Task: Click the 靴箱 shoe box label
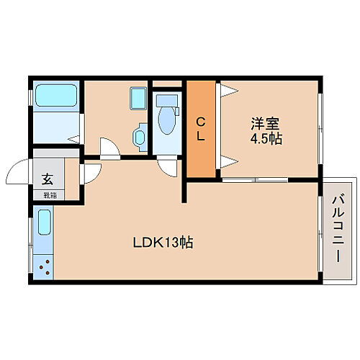tap(48, 194)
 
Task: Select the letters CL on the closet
tap(202, 127)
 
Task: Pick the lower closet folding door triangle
tap(228, 161)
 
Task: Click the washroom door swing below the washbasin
tap(107, 148)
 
